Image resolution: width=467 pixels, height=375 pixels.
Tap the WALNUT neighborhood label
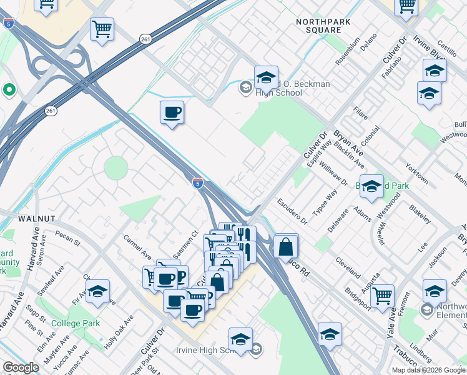point(37,219)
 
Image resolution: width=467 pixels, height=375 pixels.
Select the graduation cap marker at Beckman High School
point(266,78)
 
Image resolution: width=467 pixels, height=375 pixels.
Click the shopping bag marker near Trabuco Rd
point(285,246)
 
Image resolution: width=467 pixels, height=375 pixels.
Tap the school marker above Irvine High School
point(240,339)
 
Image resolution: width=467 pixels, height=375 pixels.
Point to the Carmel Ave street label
point(137,247)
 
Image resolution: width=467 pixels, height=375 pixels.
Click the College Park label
point(76,324)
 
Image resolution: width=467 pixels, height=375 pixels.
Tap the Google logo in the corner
point(21,367)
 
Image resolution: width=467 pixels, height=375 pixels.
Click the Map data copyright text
point(428,369)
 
